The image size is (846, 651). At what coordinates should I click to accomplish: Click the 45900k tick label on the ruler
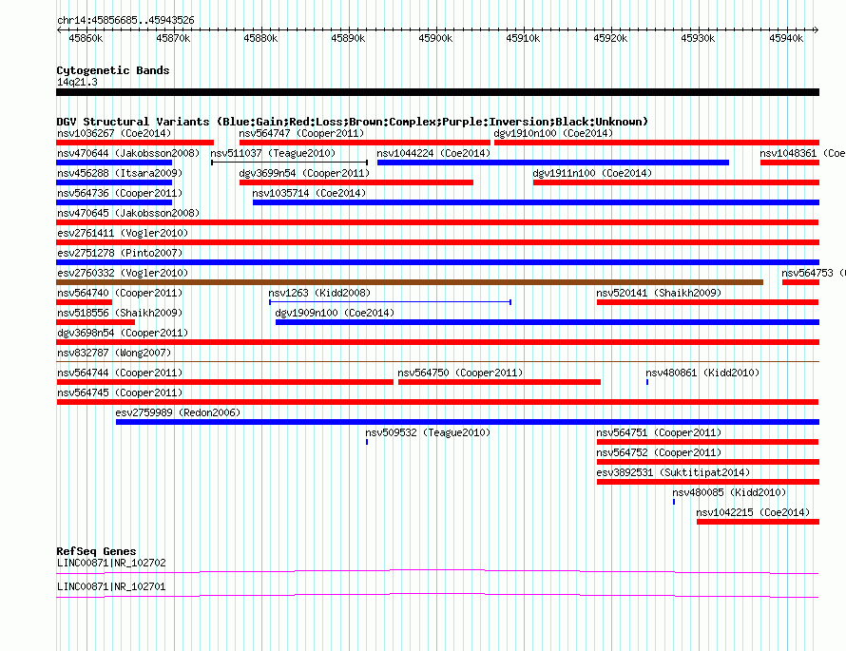435,38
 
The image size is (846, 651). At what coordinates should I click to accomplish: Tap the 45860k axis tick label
86,38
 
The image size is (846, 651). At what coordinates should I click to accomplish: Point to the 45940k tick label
786,38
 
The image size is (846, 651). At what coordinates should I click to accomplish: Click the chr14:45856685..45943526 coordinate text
125,21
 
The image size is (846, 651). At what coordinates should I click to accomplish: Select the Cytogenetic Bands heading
113,70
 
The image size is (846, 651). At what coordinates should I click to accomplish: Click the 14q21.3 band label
77,82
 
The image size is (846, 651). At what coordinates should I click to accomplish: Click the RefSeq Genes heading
96,551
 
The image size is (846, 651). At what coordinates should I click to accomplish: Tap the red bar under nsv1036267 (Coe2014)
135,143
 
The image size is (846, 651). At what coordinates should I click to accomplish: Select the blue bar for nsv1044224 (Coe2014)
553,163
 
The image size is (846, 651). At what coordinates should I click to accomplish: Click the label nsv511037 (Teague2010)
273,153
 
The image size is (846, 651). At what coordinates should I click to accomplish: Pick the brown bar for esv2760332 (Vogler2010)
410,282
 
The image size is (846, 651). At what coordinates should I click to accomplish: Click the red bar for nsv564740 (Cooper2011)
85,302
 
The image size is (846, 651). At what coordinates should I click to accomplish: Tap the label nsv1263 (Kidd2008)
319,293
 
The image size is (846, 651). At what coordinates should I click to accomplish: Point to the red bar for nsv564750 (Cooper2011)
499,382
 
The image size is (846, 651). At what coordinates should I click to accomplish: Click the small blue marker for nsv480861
647,382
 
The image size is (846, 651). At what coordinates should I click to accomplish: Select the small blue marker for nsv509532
367,442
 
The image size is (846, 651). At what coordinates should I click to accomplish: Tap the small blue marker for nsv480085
674,502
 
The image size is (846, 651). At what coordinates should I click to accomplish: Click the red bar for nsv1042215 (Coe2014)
758,522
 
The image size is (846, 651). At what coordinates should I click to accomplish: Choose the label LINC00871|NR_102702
111,563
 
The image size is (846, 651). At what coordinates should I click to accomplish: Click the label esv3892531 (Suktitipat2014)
673,472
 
